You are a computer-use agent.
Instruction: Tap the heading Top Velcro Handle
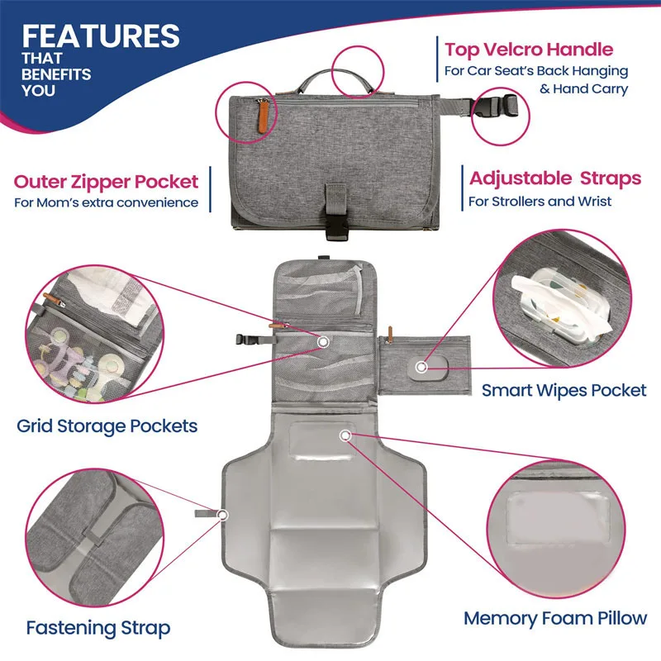[x=530, y=50]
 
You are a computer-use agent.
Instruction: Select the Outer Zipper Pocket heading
[x=106, y=181]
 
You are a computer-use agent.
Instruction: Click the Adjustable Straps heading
[x=555, y=178]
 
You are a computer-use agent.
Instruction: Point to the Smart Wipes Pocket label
[x=564, y=389]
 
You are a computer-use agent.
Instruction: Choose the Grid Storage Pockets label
[x=107, y=426]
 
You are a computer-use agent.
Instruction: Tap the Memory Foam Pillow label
[x=555, y=618]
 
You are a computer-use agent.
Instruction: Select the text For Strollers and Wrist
[x=540, y=201]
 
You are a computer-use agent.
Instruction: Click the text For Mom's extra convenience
[x=106, y=202]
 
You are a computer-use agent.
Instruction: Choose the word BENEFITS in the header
[x=57, y=74]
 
